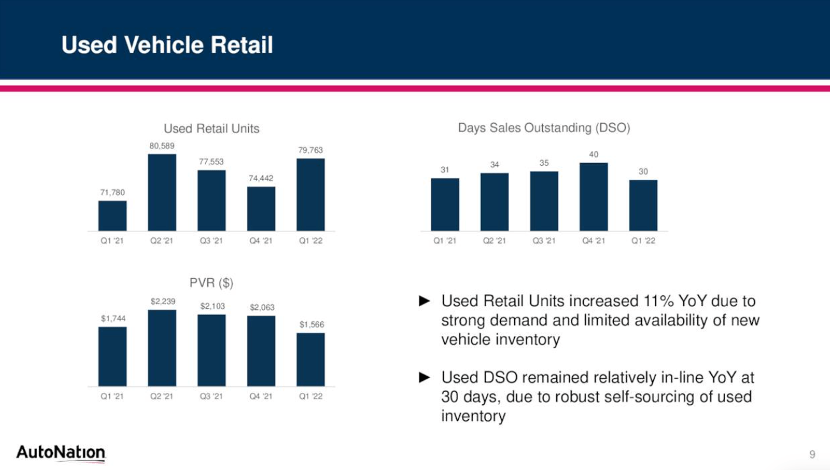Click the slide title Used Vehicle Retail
point(167,45)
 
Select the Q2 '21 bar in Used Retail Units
point(162,192)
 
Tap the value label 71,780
point(112,192)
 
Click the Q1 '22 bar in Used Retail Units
point(311,195)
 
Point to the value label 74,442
point(261,178)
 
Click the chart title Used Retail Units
point(211,129)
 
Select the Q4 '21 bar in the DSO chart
point(593,196)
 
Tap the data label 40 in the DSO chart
point(593,154)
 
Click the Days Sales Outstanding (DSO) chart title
point(544,128)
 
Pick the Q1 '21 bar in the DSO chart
point(445,204)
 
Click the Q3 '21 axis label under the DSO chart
point(544,241)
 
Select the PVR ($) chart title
point(211,283)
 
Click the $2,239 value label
point(162,301)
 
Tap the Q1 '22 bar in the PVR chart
point(311,359)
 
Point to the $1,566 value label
point(311,325)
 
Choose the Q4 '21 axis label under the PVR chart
point(261,396)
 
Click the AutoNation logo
point(61,453)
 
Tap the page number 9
point(812,454)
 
